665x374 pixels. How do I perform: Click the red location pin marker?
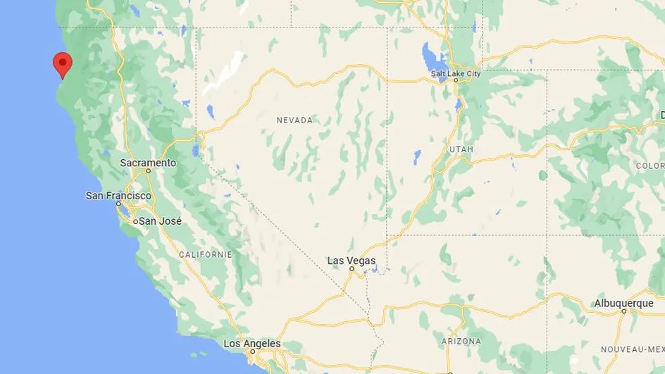[x=63, y=63]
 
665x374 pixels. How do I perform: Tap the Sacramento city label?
[x=148, y=163]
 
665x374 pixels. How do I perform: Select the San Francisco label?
[x=118, y=195]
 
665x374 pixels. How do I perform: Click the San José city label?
[x=161, y=221]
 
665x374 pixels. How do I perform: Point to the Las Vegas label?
[x=352, y=261]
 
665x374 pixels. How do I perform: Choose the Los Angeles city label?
[x=251, y=344]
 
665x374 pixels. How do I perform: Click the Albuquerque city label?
[x=624, y=303]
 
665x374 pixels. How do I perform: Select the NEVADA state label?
[x=294, y=120]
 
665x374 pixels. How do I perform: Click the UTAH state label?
[x=460, y=150]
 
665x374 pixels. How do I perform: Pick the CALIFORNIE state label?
[x=206, y=254]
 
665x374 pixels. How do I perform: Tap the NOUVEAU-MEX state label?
[x=633, y=349]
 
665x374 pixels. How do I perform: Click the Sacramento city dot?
[x=149, y=171]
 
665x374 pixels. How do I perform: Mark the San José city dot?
[x=135, y=221]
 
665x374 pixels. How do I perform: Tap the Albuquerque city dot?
[x=624, y=311]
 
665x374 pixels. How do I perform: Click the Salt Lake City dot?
[x=456, y=81]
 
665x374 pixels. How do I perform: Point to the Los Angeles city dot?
[x=251, y=351]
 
